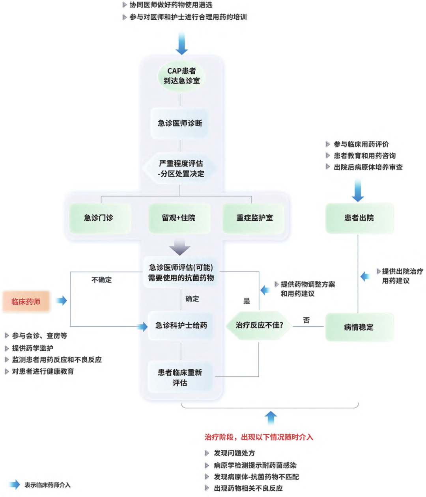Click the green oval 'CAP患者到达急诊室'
pos(181,76)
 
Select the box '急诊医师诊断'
pos(180,123)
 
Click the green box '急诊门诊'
pos(99,218)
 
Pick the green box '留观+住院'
pos(179,218)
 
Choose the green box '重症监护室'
pos(254,218)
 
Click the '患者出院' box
pos(359,218)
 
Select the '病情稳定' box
pos(359,327)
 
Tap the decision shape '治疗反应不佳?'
pos(259,325)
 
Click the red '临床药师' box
pos(26,302)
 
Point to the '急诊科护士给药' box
pos(181,326)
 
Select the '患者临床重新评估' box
pos(180,377)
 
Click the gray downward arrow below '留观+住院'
pos(180,247)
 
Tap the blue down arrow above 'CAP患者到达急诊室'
pos(181,43)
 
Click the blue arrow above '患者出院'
pos(358,190)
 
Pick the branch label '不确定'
pos(102,280)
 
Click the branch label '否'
pos(306,320)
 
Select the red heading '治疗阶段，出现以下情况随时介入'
pos(259,437)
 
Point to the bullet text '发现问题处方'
pos(234,453)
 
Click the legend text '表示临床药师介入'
pos(47,485)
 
